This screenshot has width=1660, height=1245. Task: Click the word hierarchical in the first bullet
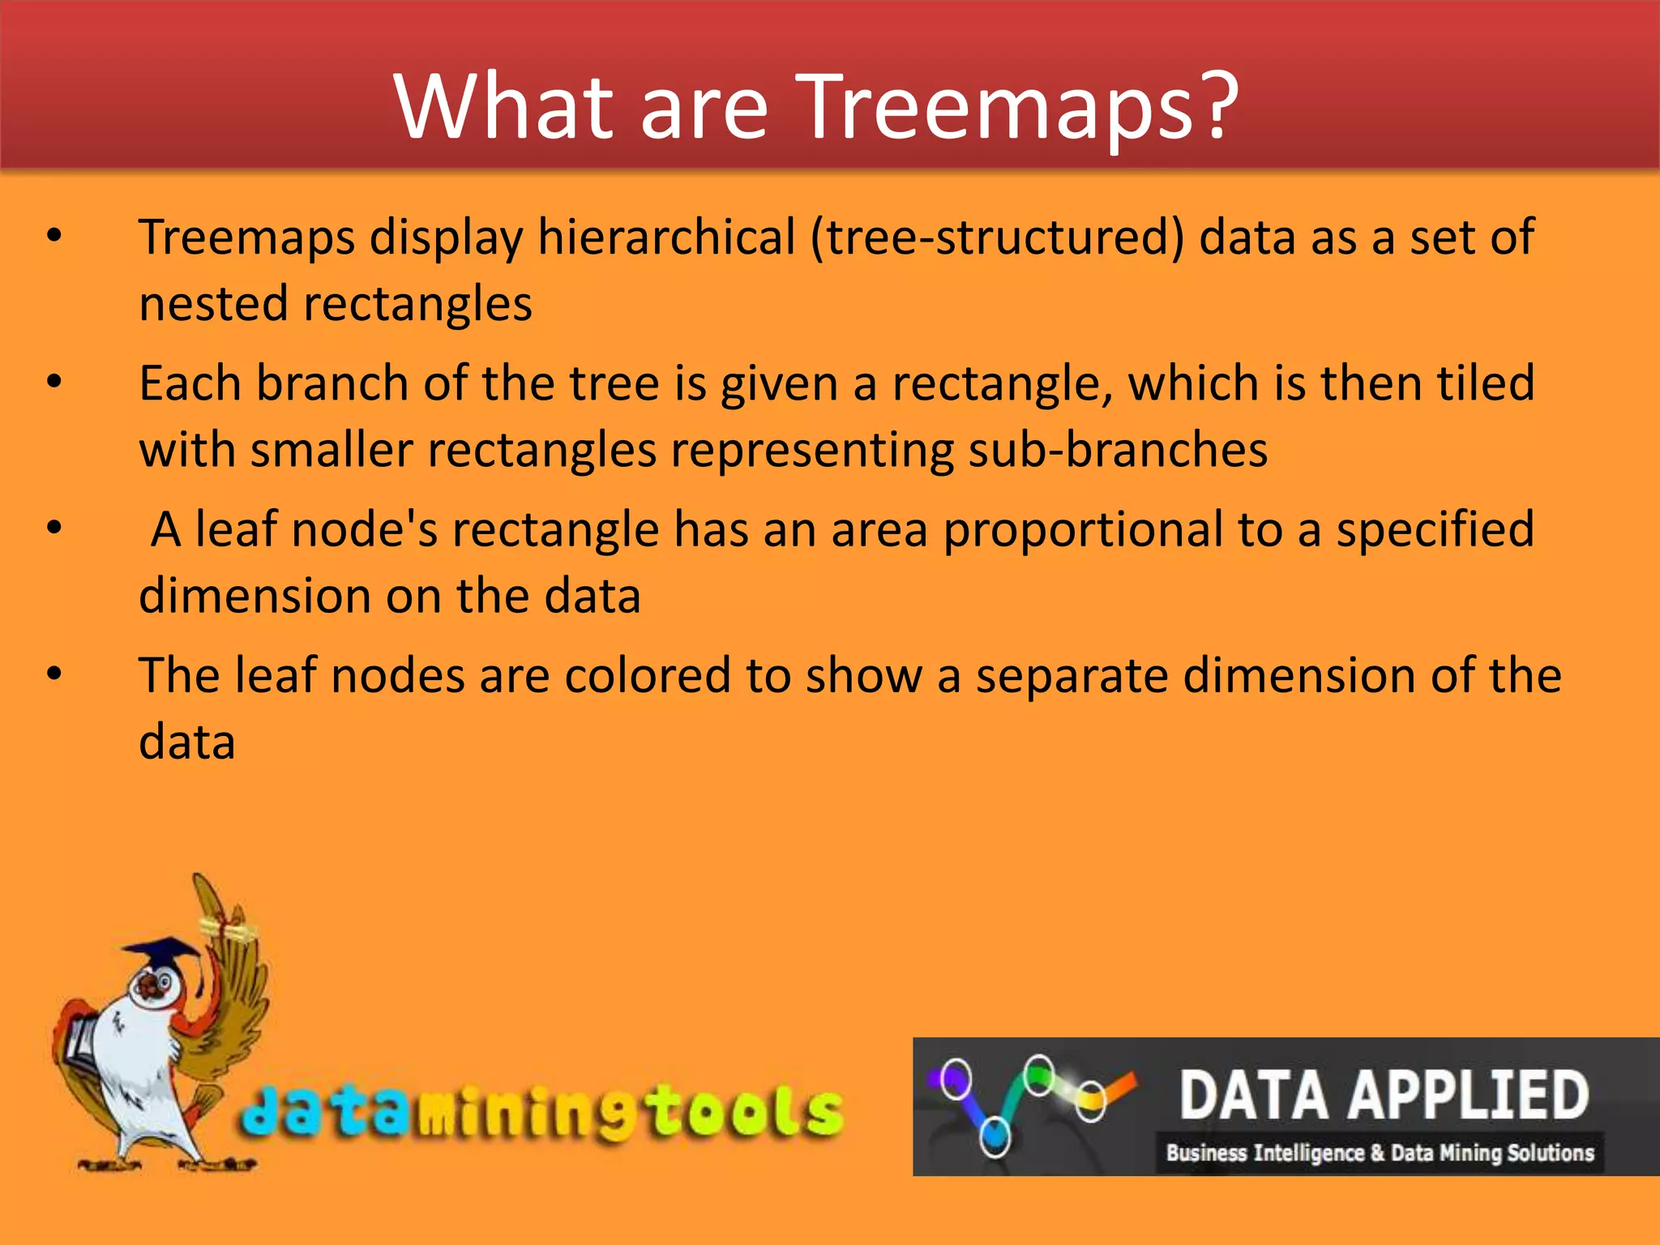point(666,238)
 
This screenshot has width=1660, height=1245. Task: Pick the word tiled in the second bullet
point(1485,383)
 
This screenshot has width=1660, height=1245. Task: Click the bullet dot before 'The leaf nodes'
point(54,674)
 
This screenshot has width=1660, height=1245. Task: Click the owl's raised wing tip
point(204,892)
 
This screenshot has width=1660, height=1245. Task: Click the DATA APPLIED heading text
point(1383,1095)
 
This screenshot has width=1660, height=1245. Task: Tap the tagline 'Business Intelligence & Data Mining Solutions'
point(1380,1153)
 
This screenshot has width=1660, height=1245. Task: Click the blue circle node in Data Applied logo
point(995,1136)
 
